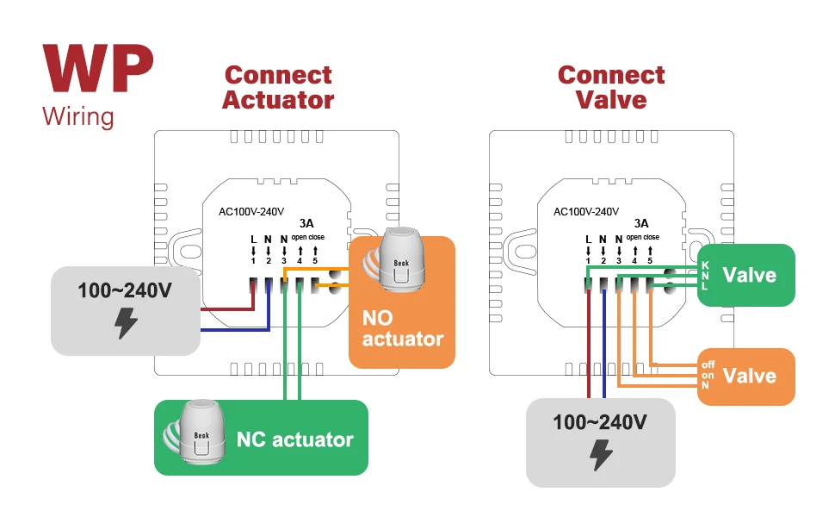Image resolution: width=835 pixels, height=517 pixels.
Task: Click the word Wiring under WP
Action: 78,116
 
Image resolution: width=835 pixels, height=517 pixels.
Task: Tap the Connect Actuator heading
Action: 278,88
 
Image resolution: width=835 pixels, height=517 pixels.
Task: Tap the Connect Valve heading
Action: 611,87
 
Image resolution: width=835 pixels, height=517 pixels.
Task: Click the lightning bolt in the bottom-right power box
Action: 601,455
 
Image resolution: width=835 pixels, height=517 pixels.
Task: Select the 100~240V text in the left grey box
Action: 125,290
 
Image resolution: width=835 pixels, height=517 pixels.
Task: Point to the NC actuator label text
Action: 294,439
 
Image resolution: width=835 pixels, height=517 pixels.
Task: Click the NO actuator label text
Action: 402,328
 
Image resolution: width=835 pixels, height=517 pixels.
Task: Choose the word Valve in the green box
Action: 749,275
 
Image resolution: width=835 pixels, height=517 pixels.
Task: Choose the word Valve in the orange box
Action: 749,376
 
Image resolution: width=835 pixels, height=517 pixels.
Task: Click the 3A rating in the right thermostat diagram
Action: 640,222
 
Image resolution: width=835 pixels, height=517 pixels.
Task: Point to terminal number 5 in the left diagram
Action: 315,260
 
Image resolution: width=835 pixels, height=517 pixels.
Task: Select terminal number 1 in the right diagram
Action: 588,260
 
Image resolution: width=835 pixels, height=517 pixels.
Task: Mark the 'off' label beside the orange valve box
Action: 708,365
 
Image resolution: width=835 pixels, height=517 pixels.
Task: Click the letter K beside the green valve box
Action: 705,265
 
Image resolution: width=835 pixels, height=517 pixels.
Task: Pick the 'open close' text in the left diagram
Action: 306,237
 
